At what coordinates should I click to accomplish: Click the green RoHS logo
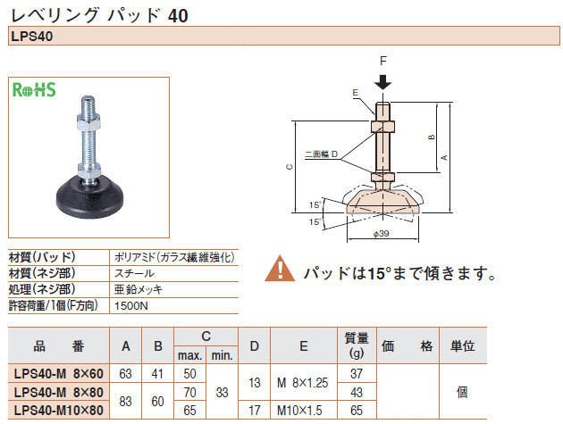[x=34, y=89]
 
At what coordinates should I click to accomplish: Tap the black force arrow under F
[x=383, y=82]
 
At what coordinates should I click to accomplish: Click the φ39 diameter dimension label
[x=381, y=234]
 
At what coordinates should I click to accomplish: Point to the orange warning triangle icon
[x=280, y=269]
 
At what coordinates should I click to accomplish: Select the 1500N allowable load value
[x=131, y=306]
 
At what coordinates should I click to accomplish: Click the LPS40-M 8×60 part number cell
[x=59, y=374]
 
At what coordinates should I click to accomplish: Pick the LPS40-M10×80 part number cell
[x=59, y=410]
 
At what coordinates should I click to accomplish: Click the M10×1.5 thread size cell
[x=299, y=410]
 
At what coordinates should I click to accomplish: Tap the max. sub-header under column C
[x=190, y=355]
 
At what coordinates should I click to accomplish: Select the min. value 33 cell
[x=223, y=392]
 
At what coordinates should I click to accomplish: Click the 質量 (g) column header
[x=357, y=345]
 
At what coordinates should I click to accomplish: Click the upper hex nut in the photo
[x=88, y=121]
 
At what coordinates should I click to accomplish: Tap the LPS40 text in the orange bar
[x=32, y=37]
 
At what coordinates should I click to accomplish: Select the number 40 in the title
[x=178, y=16]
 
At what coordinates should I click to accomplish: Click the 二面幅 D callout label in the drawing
[x=322, y=154]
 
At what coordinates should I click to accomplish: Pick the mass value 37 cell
[x=357, y=374]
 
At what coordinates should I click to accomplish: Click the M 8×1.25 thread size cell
[x=303, y=383]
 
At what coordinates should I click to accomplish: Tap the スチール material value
[x=134, y=273]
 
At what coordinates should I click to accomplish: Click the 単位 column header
[x=463, y=345]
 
